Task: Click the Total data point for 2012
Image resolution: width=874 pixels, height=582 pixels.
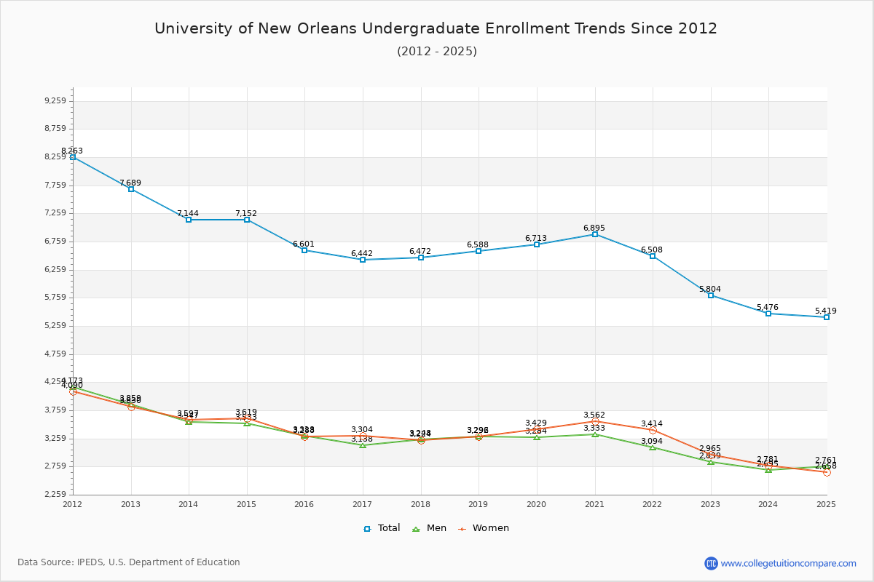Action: coord(73,157)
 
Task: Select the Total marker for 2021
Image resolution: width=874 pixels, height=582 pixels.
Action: coord(595,234)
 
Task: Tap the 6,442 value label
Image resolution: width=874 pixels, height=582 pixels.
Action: coord(362,253)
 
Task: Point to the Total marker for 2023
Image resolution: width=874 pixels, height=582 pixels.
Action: coord(711,295)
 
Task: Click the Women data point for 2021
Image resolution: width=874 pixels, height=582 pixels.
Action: coord(595,422)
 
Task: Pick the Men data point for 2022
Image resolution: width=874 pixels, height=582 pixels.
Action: coord(653,447)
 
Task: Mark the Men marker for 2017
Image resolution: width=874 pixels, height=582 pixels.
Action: coord(363,445)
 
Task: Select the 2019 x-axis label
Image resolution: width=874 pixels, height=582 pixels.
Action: coord(479,503)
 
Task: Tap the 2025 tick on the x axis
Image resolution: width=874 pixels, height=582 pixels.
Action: coord(826,503)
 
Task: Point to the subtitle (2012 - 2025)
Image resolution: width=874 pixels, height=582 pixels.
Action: coord(437,51)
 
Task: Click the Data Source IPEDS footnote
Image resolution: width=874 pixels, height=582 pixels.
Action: coord(129,562)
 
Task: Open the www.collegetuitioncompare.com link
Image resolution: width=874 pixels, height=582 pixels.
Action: coord(788,563)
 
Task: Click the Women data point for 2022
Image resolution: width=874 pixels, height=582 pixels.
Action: coord(653,430)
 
